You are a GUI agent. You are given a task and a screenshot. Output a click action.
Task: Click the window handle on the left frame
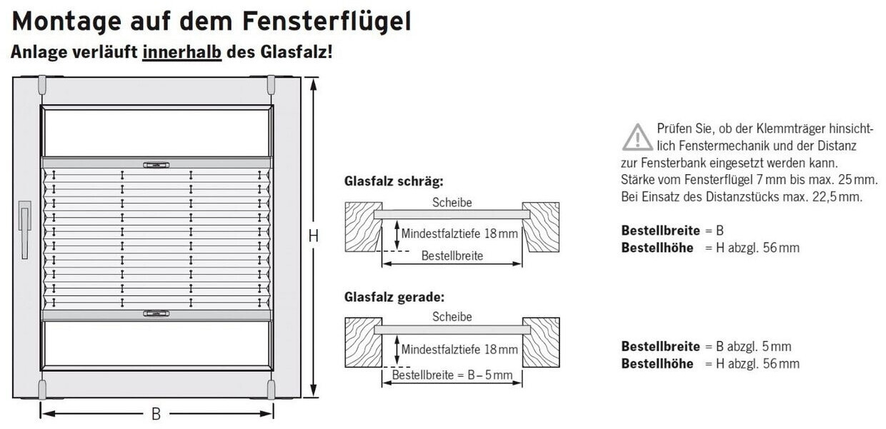click(x=24, y=228)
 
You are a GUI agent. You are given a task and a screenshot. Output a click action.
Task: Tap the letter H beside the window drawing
click(x=313, y=236)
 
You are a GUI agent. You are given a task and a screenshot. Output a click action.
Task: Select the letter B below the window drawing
click(x=156, y=413)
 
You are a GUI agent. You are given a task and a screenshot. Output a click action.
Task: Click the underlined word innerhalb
click(x=182, y=53)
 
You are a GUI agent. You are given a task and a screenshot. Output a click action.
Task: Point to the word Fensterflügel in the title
click(x=327, y=21)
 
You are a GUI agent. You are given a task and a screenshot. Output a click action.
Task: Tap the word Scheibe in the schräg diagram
click(x=452, y=203)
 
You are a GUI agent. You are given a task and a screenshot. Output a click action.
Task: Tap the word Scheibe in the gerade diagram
click(x=452, y=317)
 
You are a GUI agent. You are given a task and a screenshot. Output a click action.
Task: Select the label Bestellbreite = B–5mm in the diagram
click(x=452, y=375)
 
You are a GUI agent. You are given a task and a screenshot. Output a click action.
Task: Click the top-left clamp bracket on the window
click(x=42, y=85)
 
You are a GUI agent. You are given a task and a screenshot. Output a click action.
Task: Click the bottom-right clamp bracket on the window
click(x=271, y=389)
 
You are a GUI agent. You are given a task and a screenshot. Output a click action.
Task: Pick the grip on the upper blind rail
click(x=156, y=165)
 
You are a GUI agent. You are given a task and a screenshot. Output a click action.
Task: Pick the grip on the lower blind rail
click(x=156, y=313)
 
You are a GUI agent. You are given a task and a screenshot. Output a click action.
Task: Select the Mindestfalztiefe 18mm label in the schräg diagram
click(x=459, y=233)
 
